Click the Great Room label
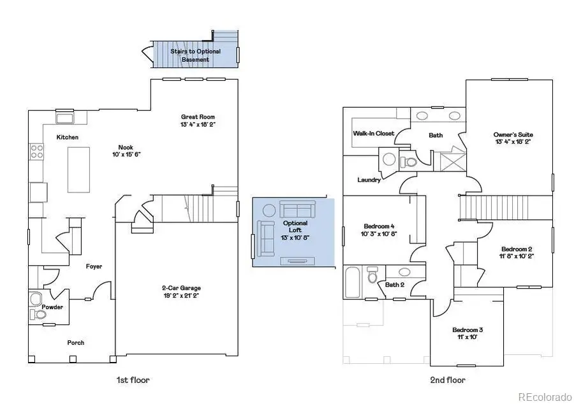[x=198, y=117]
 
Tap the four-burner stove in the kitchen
[x=36, y=152]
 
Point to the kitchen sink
[x=64, y=118]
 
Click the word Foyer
[x=94, y=266]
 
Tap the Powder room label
[x=52, y=307]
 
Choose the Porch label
[x=76, y=343]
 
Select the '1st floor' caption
[x=133, y=380]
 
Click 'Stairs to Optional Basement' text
[x=195, y=55]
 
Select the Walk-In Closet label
[x=374, y=134]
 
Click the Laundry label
[x=369, y=180]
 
